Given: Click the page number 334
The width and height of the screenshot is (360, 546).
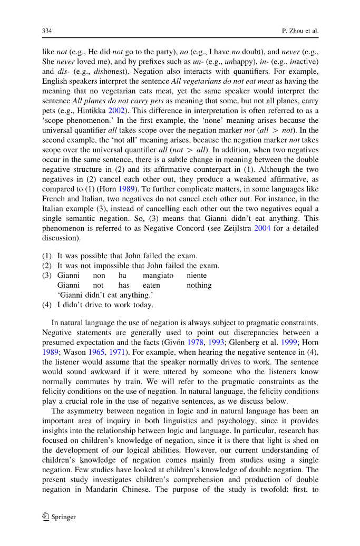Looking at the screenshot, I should [46, 31].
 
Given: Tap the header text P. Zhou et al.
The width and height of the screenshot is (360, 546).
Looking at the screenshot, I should [301, 31].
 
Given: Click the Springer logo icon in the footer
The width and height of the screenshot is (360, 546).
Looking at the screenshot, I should [45, 516].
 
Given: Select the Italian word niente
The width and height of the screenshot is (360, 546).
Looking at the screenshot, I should [197, 275].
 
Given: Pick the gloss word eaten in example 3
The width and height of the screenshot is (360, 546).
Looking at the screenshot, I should [151, 285].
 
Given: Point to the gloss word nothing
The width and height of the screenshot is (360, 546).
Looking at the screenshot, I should [199, 285].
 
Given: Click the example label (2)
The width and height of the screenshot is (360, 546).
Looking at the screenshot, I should [47, 266].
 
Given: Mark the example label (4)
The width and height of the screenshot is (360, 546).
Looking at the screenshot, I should [47, 305].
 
